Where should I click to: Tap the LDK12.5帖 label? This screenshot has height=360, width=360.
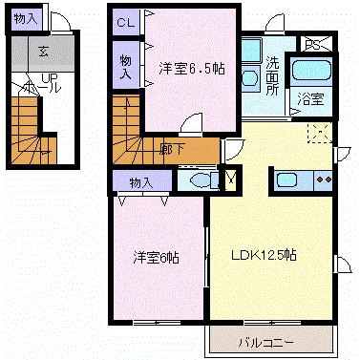coord(264,255)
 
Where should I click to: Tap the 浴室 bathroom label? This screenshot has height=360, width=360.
coord(309,97)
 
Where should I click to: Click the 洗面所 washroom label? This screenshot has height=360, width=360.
coord(272,75)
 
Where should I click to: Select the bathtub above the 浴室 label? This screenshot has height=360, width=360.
coord(309,71)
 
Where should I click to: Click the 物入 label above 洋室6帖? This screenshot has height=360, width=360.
coord(140,180)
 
